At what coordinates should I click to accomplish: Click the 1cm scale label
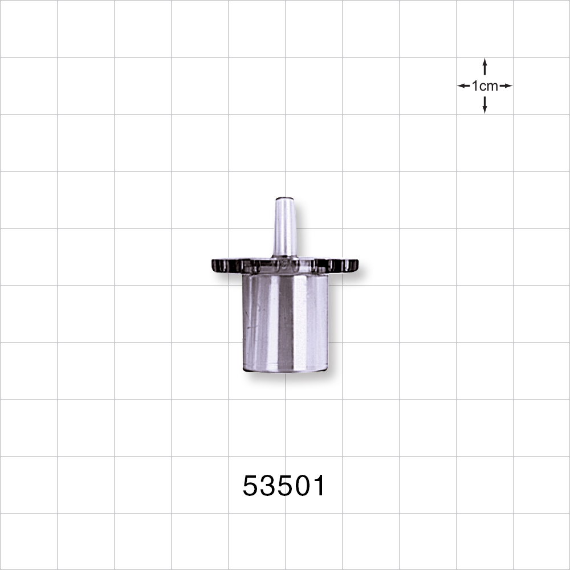tap(484, 86)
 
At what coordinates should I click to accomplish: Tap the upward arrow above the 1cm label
tap(484, 66)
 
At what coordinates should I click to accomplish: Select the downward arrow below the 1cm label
tap(484, 105)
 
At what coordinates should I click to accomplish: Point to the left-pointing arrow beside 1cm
tap(463, 86)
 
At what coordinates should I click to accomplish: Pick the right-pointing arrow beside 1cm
tap(506, 86)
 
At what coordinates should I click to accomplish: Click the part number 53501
tap(284, 486)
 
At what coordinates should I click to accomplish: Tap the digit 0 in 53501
tap(302, 486)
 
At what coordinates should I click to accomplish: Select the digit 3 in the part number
tap(268, 486)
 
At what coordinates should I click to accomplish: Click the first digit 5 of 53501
tap(251, 486)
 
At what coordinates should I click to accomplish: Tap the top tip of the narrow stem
tap(284, 199)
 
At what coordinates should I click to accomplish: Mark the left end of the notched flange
tap(214, 265)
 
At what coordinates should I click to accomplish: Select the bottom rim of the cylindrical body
tap(285, 369)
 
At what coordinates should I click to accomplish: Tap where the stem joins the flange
tap(284, 256)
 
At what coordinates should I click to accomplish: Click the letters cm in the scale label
tap(489, 86)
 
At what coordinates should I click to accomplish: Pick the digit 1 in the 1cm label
tap(475, 86)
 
